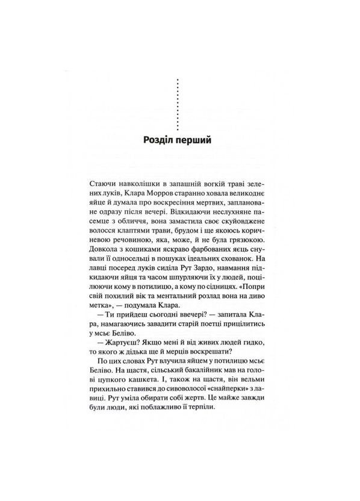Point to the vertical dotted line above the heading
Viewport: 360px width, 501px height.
click(179, 102)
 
